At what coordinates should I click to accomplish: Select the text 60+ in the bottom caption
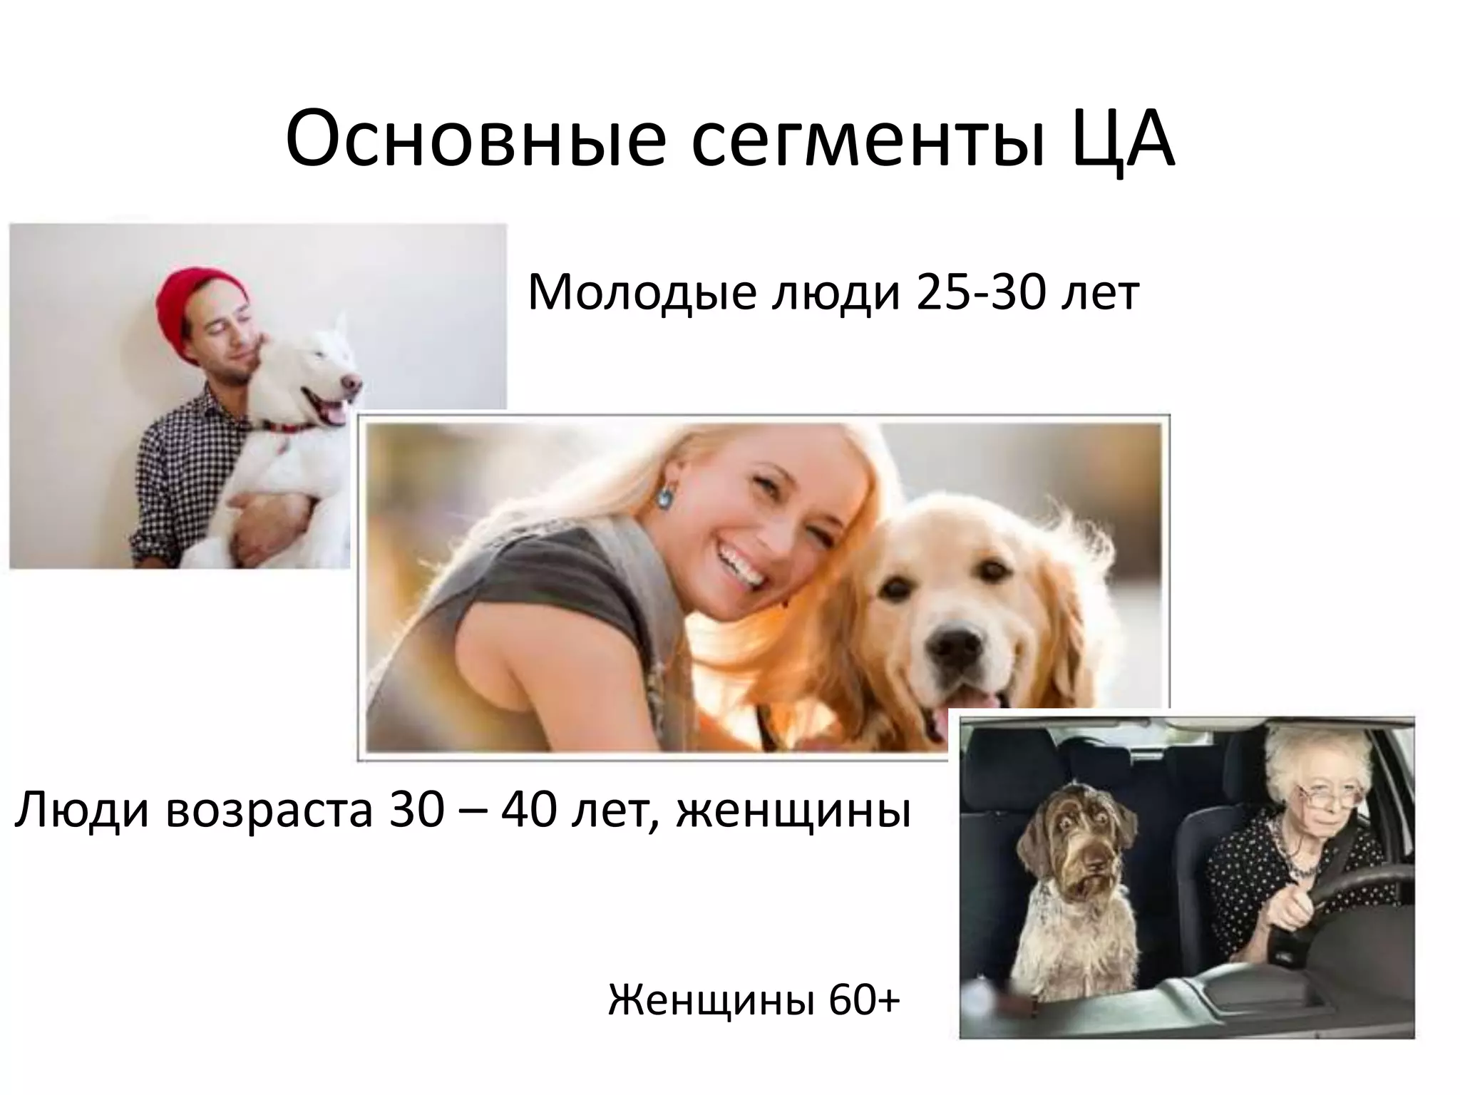(865, 1002)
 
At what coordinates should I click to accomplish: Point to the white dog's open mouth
(330, 410)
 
